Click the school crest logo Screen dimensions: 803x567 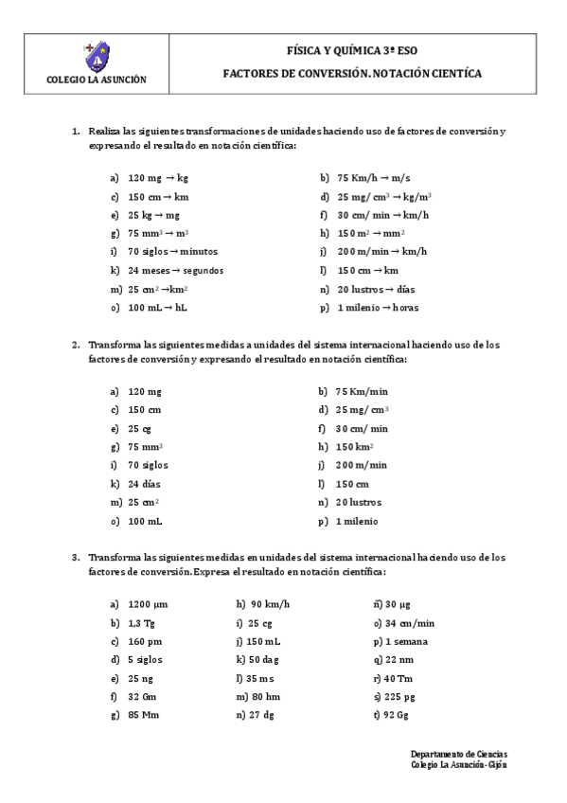pyautogui.click(x=96, y=58)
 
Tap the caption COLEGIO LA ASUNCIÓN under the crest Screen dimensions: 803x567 pyautogui.click(x=96, y=80)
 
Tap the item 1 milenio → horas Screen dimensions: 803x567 pyautogui.click(x=378, y=307)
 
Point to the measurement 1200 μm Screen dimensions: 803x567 pyautogui.click(x=148, y=603)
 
